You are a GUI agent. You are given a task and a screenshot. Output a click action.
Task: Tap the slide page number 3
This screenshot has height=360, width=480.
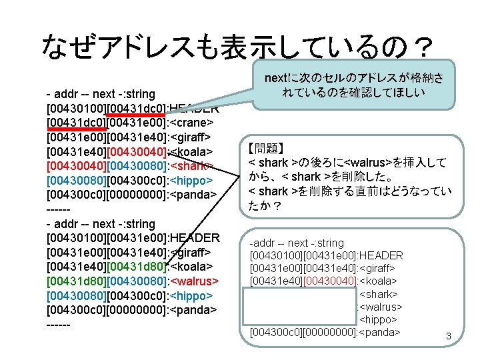coord(449,338)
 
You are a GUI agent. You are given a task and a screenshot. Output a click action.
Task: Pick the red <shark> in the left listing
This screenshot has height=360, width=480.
coord(191,166)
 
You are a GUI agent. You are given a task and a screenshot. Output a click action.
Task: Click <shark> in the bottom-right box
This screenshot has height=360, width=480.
coord(379,294)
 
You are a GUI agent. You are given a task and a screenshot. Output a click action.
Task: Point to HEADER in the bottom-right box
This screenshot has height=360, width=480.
coord(380,256)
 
